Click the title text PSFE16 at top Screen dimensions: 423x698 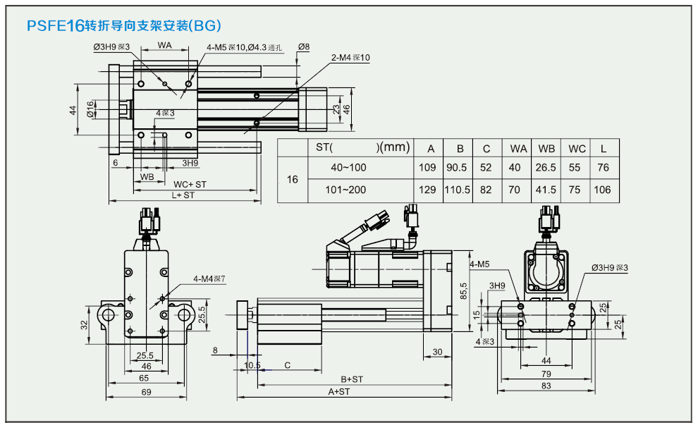(x=55, y=27)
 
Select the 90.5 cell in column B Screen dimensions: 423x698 (x=460, y=168)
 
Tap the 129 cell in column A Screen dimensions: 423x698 (x=427, y=190)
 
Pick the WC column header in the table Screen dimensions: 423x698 (x=577, y=149)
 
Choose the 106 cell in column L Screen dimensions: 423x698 (x=603, y=190)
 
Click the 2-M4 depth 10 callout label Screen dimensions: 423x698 (x=350, y=58)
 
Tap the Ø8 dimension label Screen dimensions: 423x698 (x=304, y=47)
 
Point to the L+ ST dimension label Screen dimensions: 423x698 (x=183, y=195)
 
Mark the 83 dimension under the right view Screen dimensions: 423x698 (x=546, y=385)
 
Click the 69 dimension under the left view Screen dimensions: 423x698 (x=146, y=391)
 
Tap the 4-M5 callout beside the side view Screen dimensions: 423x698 (x=479, y=265)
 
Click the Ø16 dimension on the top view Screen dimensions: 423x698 (x=90, y=109)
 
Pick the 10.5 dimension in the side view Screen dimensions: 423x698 (x=252, y=365)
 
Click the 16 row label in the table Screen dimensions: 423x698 (x=293, y=180)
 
